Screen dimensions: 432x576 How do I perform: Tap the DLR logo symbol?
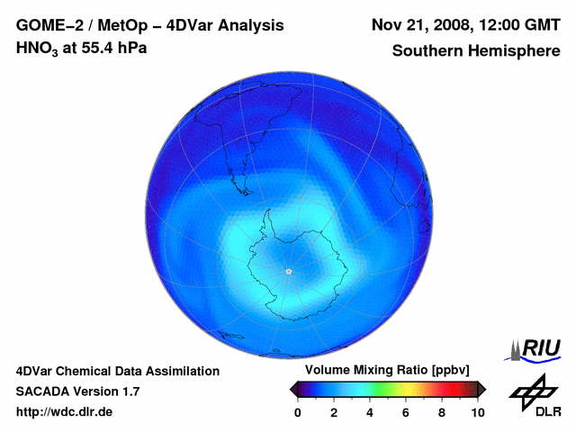point(532,390)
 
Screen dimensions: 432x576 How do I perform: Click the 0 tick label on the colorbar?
point(298,412)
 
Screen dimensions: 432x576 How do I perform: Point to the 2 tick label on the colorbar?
point(334,412)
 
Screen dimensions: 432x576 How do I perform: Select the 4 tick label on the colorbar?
point(370,412)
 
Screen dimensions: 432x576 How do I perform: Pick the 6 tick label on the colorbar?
point(406,412)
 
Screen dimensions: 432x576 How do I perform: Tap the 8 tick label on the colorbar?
point(442,412)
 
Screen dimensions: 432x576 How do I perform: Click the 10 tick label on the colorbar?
point(477,412)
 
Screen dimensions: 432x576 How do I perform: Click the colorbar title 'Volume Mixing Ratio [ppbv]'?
point(384,371)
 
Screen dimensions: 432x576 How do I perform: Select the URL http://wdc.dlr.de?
point(65,412)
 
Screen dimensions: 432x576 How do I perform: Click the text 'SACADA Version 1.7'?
point(77,391)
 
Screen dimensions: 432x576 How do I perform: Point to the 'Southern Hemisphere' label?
point(476,51)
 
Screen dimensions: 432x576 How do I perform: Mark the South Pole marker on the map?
point(288,271)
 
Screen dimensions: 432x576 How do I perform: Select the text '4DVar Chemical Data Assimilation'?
point(117,371)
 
